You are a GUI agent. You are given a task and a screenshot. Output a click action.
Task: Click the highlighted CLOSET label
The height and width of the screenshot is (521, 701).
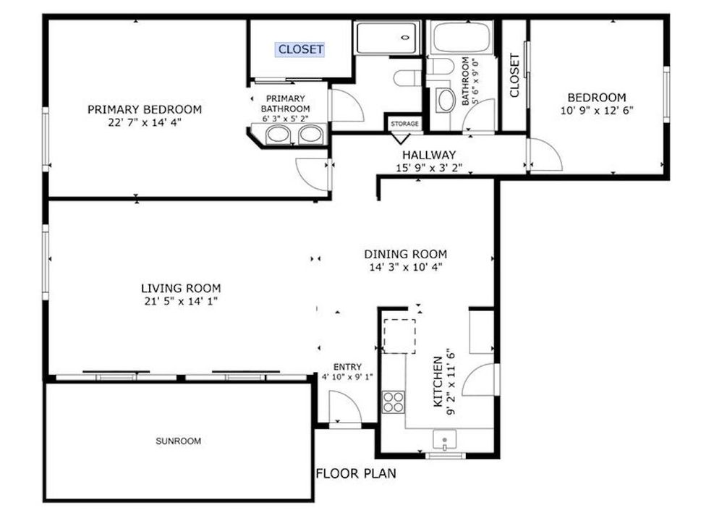[x=300, y=49]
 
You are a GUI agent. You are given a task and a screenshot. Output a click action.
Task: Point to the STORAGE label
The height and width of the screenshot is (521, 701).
[x=404, y=124]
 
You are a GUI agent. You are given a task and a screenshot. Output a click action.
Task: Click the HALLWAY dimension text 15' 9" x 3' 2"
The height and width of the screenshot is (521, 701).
[x=430, y=169]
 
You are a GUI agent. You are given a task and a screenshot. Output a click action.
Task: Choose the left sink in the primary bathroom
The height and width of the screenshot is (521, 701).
[x=277, y=134]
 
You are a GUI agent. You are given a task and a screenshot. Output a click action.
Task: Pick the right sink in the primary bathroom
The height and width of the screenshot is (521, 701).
[x=310, y=134]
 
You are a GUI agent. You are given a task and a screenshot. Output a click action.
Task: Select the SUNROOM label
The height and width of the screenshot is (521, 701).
[x=178, y=441]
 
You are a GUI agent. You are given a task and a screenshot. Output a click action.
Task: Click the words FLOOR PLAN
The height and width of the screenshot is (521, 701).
[x=356, y=474]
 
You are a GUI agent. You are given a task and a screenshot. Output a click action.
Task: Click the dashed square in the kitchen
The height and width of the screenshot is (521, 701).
[x=399, y=335]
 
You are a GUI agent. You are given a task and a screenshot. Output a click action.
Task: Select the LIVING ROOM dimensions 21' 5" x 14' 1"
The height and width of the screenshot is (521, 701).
[x=181, y=301]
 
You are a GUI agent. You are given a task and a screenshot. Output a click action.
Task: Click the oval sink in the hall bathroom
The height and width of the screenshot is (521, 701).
[x=445, y=100]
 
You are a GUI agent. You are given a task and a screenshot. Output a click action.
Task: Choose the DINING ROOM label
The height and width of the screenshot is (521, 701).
[x=405, y=254]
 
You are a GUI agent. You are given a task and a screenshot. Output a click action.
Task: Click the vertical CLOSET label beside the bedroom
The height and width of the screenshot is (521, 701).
[x=514, y=76]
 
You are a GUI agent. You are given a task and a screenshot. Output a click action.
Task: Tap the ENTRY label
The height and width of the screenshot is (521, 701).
[x=347, y=367]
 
